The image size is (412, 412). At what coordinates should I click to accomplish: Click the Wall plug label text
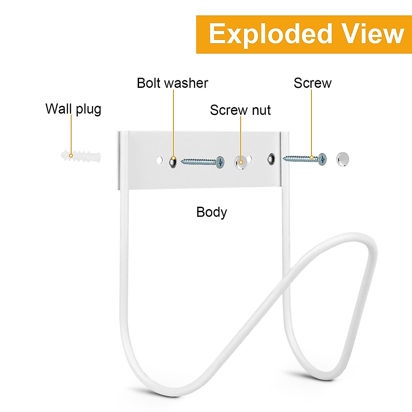tap(73, 109)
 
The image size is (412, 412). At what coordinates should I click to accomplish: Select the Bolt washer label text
tap(172, 83)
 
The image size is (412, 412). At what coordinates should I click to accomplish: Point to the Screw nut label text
tap(240, 110)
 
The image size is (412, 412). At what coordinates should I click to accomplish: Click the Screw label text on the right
tap(312, 83)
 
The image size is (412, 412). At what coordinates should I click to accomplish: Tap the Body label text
tap(211, 212)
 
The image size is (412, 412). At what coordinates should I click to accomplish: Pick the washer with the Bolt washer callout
tap(173, 161)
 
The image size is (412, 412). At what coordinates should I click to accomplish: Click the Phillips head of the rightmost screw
tap(322, 159)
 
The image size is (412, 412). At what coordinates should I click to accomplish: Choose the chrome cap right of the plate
tap(342, 159)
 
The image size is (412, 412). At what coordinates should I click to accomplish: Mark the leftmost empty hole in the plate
tap(160, 160)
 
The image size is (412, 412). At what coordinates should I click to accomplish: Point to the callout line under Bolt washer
tap(173, 124)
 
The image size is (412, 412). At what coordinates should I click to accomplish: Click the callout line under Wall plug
tap(71, 134)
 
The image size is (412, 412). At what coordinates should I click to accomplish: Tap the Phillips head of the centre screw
tap(220, 162)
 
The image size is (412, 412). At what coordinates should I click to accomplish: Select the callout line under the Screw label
tap(311, 124)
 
